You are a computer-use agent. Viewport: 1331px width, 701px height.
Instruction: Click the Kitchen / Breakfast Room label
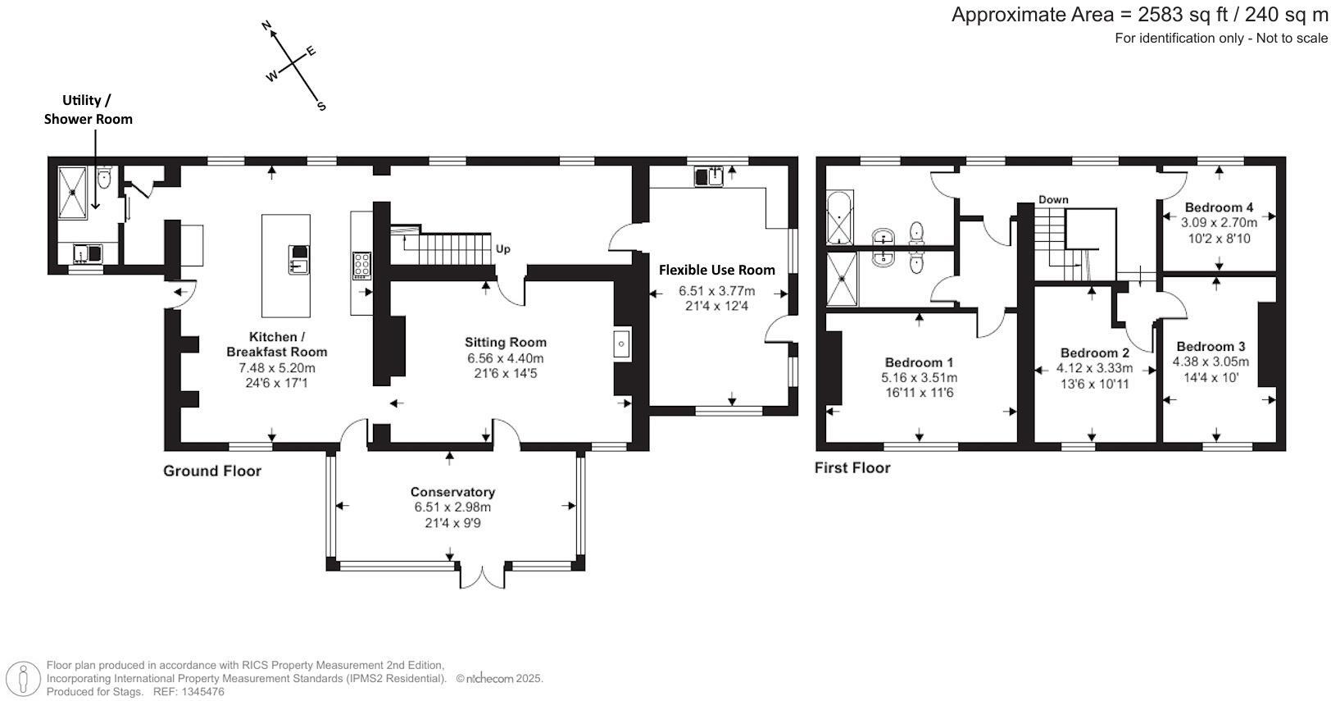pyautogui.click(x=276, y=344)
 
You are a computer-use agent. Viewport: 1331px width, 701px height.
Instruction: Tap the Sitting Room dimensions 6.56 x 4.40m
pyautogui.click(x=505, y=358)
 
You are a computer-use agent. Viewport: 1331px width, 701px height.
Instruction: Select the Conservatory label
pyautogui.click(x=452, y=492)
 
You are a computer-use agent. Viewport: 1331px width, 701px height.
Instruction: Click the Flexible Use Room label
pyautogui.click(x=716, y=270)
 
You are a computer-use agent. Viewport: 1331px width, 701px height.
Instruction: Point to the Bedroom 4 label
pyautogui.click(x=1218, y=207)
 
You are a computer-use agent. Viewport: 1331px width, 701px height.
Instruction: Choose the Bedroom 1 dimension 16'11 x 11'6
pyautogui.click(x=919, y=393)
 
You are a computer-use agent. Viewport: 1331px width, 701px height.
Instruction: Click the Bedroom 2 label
pyautogui.click(x=1094, y=353)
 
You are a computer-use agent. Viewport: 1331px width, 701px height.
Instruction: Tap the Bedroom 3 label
pyautogui.click(x=1211, y=347)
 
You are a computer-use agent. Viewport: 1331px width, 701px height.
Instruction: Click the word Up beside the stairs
pyautogui.click(x=502, y=248)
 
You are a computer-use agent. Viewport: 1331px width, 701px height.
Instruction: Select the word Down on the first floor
pyautogui.click(x=1053, y=199)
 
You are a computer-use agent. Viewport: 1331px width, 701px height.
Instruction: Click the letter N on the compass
pyautogui.click(x=266, y=27)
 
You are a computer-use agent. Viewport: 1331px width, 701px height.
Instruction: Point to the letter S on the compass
pyautogui.click(x=321, y=106)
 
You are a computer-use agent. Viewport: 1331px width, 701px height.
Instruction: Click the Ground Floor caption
pyautogui.click(x=212, y=471)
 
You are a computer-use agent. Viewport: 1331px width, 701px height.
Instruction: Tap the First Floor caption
pyautogui.click(x=852, y=468)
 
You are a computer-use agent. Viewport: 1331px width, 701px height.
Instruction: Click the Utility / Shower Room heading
pyautogui.click(x=88, y=109)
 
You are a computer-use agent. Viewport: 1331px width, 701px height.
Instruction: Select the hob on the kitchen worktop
pyautogui.click(x=361, y=265)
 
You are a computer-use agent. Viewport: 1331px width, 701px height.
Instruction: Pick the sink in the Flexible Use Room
pyautogui.click(x=709, y=176)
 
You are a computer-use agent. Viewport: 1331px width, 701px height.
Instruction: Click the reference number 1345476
pyautogui.click(x=201, y=692)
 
